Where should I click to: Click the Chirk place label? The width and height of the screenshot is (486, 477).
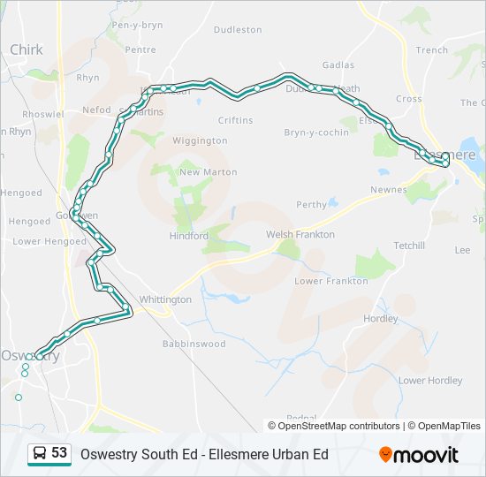[x=27, y=49]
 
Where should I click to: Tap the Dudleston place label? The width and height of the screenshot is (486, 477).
[x=238, y=29]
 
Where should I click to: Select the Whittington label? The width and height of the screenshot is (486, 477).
[x=164, y=299]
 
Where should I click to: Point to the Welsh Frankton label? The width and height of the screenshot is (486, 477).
[x=300, y=234]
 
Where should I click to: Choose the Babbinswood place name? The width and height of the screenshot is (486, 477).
[x=194, y=344]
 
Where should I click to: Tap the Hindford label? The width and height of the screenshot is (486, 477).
[x=188, y=236]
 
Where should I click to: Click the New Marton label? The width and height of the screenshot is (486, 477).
[x=208, y=171]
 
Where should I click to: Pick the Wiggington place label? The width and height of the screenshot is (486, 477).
[x=200, y=140]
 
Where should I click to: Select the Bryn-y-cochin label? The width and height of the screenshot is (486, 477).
[x=315, y=132]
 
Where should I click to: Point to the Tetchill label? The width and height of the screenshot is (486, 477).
[x=409, y=245]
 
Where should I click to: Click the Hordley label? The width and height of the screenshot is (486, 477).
[x=380, y=318]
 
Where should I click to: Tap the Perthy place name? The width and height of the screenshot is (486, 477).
[x=311, y=204]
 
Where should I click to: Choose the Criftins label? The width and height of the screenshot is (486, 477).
[x=235, y=120]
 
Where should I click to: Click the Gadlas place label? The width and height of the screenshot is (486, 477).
[x=338, y=64]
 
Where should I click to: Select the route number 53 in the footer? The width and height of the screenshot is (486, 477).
[x=59, y=452]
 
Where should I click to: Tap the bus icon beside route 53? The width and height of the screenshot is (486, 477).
[x=39, y=453]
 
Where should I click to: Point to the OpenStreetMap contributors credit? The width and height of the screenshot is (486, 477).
[x=338, y=426]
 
